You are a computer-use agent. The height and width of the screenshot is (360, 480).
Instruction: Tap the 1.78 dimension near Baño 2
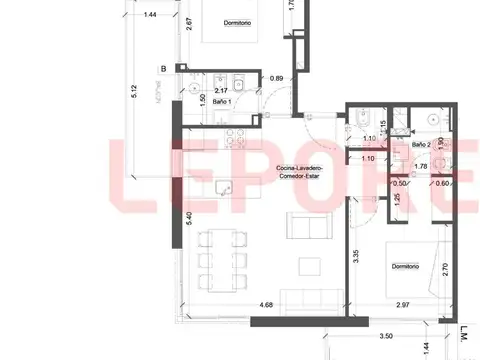421,167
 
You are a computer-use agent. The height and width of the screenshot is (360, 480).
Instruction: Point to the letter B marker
162,69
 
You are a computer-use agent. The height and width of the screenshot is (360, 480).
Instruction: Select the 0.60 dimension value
440,183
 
